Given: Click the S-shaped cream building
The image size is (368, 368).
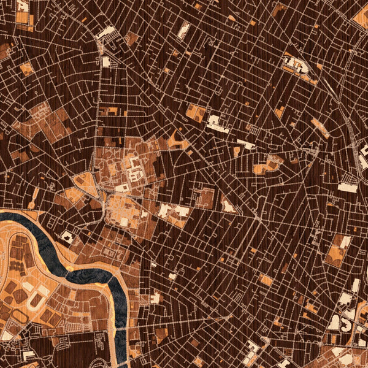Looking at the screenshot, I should (x=347, y=319).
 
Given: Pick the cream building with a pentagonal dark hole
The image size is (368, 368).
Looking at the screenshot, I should (x=66, y=236).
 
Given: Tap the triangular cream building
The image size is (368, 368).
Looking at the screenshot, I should (x=228, y=206).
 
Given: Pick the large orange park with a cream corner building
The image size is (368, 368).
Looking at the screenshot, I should (x=336, y=251).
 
